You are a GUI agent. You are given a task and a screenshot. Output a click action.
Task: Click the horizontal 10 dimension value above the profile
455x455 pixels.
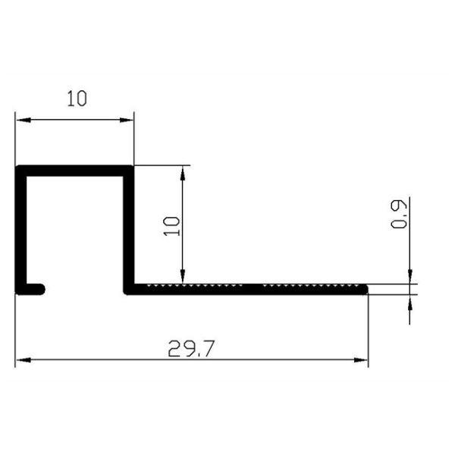tap(75, 99)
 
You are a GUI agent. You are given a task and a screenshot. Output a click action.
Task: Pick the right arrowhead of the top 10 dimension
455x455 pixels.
tap(128, 119)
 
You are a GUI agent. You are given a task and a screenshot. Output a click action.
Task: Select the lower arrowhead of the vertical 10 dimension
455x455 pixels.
tap(182, 276)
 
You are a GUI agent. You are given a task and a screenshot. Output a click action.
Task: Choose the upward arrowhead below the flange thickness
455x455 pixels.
tap(410, 300)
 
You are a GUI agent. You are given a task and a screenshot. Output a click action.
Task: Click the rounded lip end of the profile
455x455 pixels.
tap(40, 288)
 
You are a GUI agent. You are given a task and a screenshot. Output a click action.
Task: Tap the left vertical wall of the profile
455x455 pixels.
tap(20, 227)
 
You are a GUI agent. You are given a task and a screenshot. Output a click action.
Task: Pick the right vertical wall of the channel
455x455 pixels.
tap(130, 227)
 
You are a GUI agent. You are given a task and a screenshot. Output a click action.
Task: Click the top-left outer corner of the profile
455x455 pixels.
tap(17, 166)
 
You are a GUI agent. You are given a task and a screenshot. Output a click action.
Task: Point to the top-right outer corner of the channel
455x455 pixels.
tap(133, 166)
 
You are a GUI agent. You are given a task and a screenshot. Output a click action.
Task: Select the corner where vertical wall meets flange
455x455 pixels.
tap(130, 289)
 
